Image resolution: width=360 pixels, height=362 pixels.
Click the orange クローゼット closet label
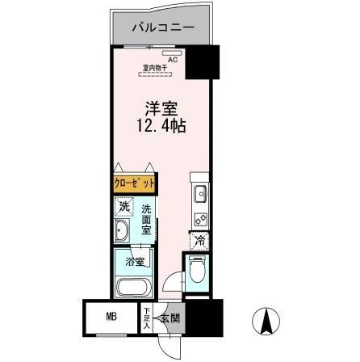(133, 183)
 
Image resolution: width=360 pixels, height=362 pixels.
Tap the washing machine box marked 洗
(123, 208)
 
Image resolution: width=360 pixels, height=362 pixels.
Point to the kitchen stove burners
(199, 217)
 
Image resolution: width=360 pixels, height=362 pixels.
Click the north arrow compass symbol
(264, 323)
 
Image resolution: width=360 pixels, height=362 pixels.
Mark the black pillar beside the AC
(203, 61)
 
